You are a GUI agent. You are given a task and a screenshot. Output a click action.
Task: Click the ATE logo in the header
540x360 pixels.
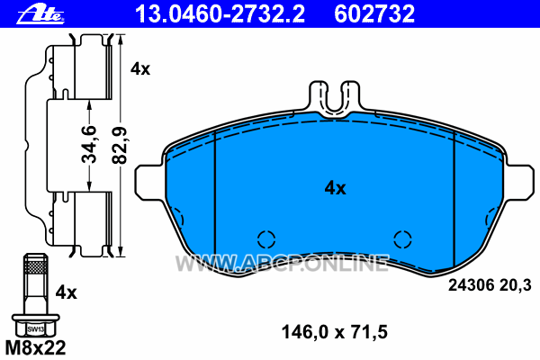coord(40,14)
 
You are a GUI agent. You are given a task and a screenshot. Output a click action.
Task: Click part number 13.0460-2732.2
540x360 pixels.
coord(220,13)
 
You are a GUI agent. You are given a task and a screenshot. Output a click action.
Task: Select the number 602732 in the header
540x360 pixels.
coord(374,13)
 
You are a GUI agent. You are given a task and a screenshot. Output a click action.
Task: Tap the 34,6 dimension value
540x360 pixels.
coord(89,144)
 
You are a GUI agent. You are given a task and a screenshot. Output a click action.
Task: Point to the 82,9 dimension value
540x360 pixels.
coord(120,145)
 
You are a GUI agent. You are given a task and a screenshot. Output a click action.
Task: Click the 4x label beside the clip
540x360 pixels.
coord(140,69)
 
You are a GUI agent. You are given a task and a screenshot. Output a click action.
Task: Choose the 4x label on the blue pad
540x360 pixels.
coord(335,188)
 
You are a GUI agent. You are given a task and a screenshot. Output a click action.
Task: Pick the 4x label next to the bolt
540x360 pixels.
coord(66,292)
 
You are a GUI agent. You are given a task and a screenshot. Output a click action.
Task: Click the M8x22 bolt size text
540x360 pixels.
coord(35,347)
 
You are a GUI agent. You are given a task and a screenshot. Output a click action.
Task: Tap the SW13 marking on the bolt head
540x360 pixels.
coord(35,329)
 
